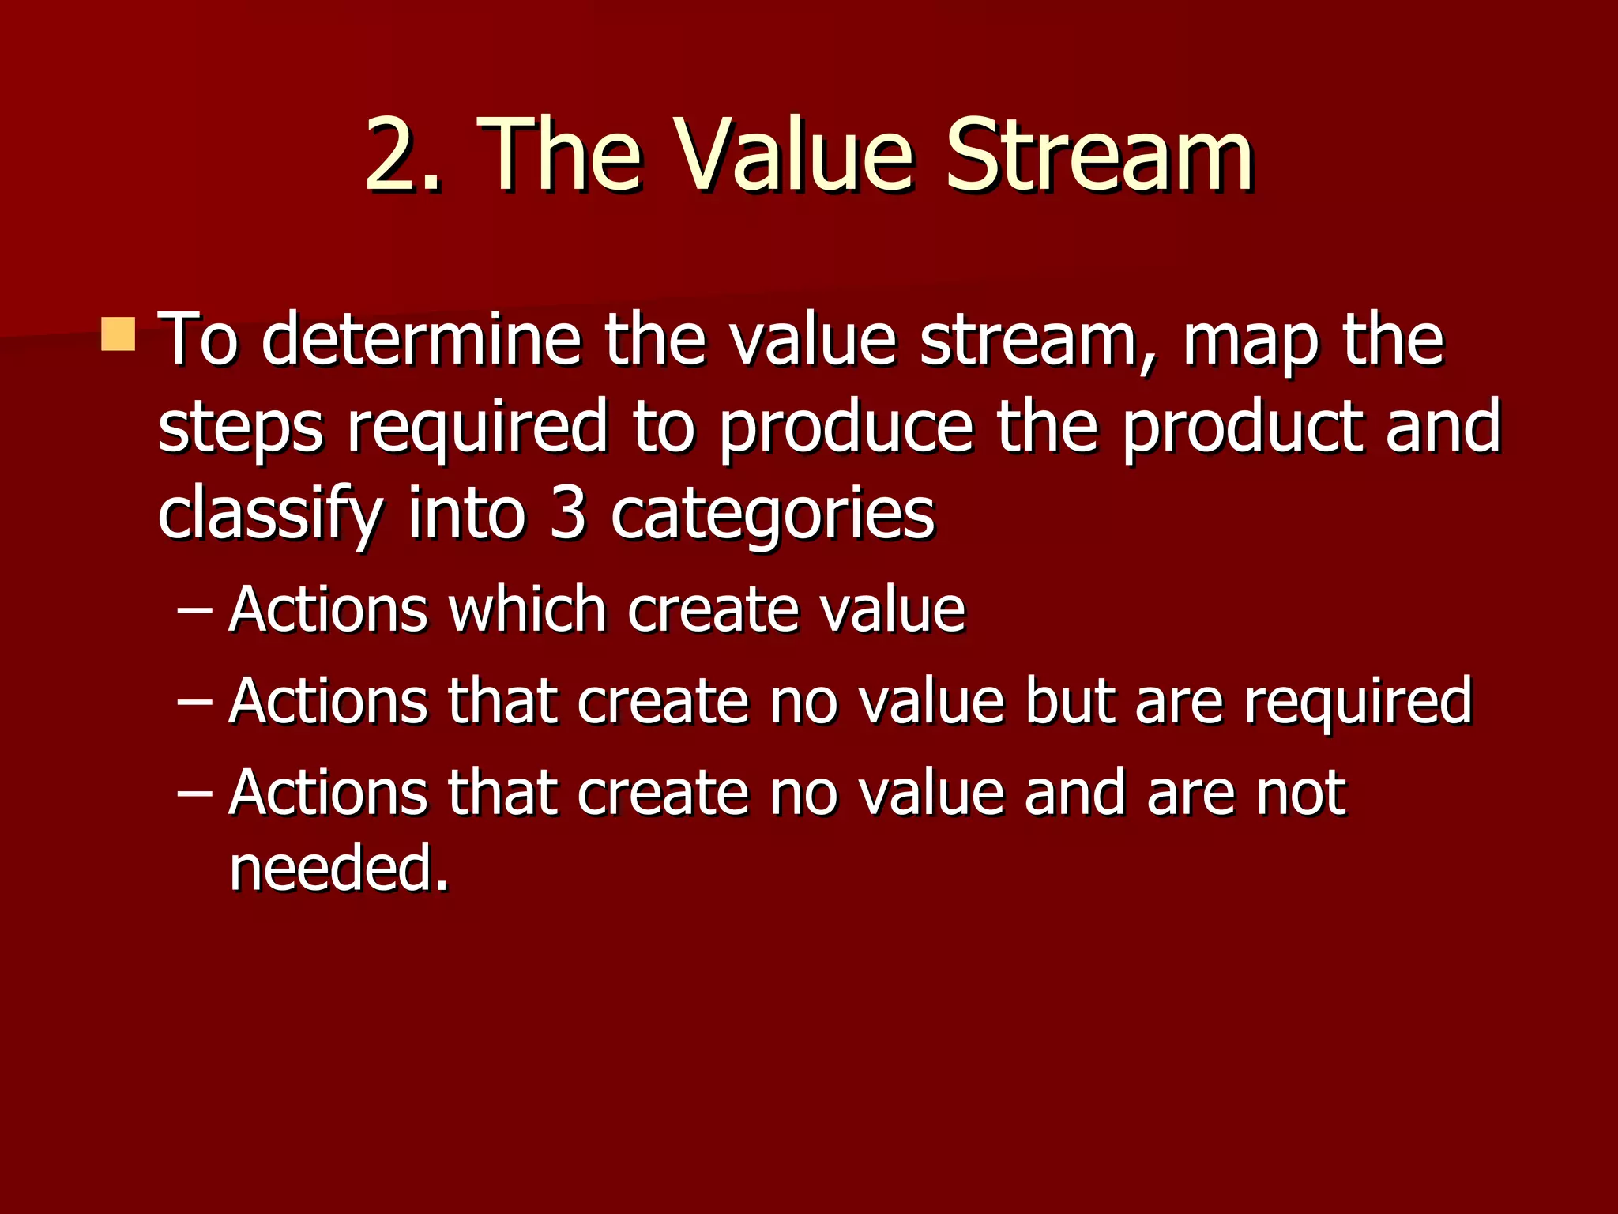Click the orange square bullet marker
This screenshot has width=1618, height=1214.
119,334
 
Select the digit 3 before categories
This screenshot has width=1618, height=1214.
567,514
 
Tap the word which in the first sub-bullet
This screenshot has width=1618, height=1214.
528,610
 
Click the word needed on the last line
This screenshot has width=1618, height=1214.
338,868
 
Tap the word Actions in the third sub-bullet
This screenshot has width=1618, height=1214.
327,793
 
